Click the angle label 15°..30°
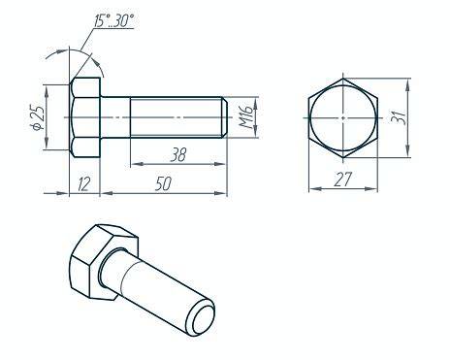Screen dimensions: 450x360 point(113,20)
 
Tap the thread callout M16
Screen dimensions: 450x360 point(246,116)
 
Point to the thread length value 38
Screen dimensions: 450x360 point(178,154)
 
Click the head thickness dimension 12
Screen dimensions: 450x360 point(83,183)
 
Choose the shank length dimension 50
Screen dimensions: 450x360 point(163,183)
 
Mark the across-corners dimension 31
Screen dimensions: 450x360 point(398,117)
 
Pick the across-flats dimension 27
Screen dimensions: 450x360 point(342,180)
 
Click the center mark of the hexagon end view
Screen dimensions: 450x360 point(343,117)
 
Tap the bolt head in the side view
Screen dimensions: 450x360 point(85,117)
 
